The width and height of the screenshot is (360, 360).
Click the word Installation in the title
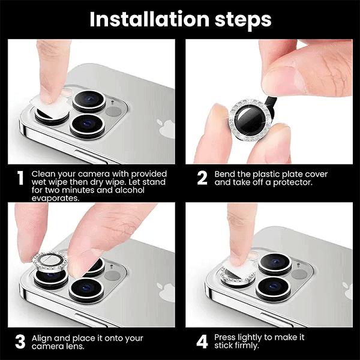149,19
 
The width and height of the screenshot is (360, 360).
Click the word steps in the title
243,20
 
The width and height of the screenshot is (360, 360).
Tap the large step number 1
20,178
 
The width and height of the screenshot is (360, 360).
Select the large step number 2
202,178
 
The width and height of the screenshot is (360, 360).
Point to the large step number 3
20,341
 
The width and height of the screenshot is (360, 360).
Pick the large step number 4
202,341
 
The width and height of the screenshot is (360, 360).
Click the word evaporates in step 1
55,198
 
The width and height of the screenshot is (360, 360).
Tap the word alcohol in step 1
130,190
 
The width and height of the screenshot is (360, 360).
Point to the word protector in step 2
293,182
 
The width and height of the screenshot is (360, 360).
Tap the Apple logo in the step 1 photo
166,128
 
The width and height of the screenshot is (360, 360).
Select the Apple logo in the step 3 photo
166,292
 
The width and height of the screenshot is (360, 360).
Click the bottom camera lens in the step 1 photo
87,126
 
